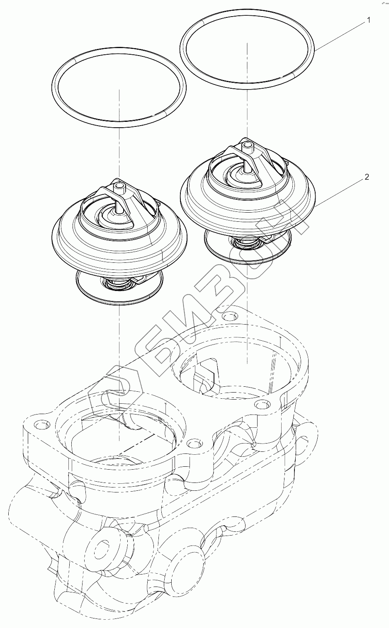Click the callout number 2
367,177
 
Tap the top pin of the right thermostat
247,145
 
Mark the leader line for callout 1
340,35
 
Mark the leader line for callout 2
340,191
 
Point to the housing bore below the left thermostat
119,435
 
